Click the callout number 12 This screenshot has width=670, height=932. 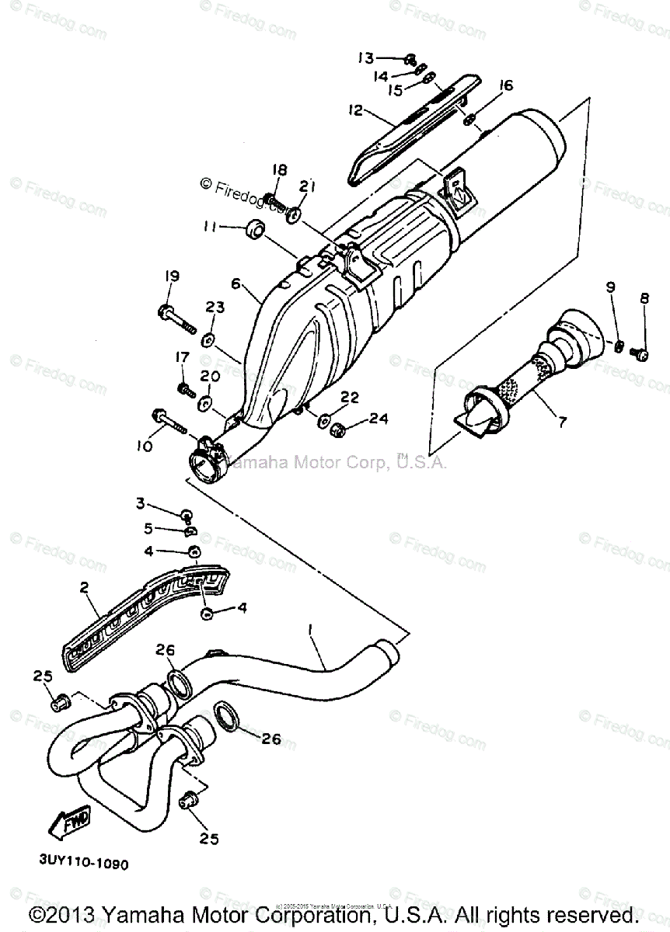[x=356, y=111]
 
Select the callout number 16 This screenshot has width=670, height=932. [x=506, y=86]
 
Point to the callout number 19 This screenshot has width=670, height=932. [x=171, y=276]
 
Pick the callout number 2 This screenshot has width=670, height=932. [x=85, y=588]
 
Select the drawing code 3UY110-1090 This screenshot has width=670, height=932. [x=81, y=863]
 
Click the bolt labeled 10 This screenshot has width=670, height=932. [x=169, y=418]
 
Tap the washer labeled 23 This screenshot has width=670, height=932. [x=208, y=339]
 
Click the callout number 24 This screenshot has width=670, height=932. [x=378, y=420]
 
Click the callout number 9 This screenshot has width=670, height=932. [x=610, y=287]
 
